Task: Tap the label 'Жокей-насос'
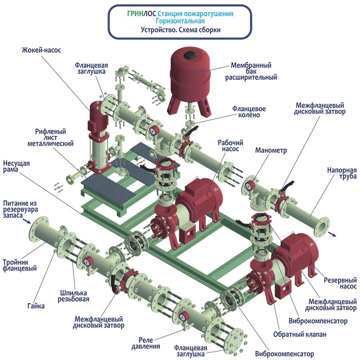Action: pyautogui.click(x=41, y=50)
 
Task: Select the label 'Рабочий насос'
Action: pyautogui.click(x=230, y=146)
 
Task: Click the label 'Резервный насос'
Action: pyautogui.click(x=340, y=283)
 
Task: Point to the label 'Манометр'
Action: pyautogui.click(x=271, y=150)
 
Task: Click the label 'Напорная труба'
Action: pyautogui.click(x=342, y=173)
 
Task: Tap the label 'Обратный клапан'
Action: pyautogui.click(x=300, y=334)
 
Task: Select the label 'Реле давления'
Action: pyautogui.click(x=146, y=343)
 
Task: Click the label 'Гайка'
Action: pyautogui.click(x=36, y=306)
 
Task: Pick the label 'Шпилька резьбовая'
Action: pyautogui.click(x=74, y=296)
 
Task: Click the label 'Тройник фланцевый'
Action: pyautogui.click(x=19, y=265)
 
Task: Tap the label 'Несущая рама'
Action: pyautogui.click(x=16, y=166)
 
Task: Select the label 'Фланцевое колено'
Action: pyautogui.click(x=249, y=112)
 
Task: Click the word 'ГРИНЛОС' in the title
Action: pyautogui.click(x=142, y=14)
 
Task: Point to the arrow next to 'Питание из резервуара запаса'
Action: pyautogui.click(x=27, y=221)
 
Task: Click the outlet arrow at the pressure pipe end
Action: pyautogui.click(x=332, y=234)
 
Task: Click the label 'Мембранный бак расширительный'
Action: pyautogui.click(x=251, y=71)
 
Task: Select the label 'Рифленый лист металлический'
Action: pyautogui.click(x=50, y=138)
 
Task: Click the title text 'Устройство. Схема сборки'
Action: pyautogui.click(x=181, y=30)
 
